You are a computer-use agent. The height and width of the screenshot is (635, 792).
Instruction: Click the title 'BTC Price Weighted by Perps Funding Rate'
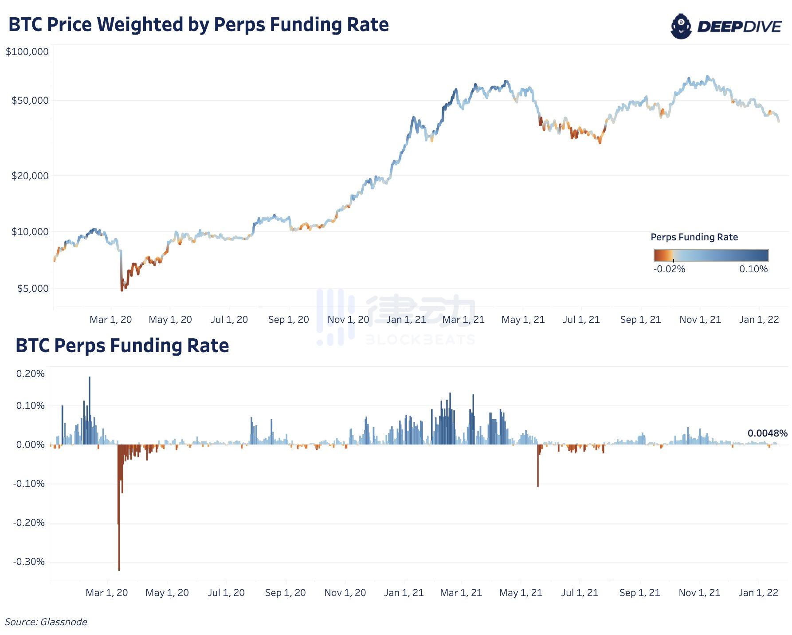point(198,25)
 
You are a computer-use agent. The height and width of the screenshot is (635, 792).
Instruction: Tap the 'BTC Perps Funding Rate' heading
point(122,346)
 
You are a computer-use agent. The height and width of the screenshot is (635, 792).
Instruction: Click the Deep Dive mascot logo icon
point(681,26)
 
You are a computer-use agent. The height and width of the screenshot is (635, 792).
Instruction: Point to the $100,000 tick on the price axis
point(27,52)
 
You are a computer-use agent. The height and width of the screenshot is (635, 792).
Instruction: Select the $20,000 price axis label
point(30,176)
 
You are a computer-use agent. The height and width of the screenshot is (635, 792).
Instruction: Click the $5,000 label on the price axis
point(32,289)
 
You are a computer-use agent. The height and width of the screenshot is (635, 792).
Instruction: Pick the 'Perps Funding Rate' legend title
point(694,237)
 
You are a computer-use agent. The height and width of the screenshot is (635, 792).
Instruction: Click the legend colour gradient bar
point(711,255)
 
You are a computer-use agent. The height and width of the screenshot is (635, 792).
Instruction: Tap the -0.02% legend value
point(669,269)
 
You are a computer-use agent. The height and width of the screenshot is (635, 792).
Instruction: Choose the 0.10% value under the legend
point(753,269)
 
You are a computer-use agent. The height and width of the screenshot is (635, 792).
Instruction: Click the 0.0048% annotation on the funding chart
point(767,433)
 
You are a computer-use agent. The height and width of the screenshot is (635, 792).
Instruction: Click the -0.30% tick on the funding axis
point(29,562)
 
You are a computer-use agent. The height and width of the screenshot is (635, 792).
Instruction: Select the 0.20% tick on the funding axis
point(30,374)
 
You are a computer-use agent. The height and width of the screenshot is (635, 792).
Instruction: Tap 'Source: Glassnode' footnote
point(46,622)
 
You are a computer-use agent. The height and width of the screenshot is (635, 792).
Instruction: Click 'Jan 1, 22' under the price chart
point(759,320)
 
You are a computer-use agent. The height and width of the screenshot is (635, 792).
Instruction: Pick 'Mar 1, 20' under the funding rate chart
point(106,593)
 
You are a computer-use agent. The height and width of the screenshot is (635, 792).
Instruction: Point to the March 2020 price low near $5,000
point(122,289)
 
